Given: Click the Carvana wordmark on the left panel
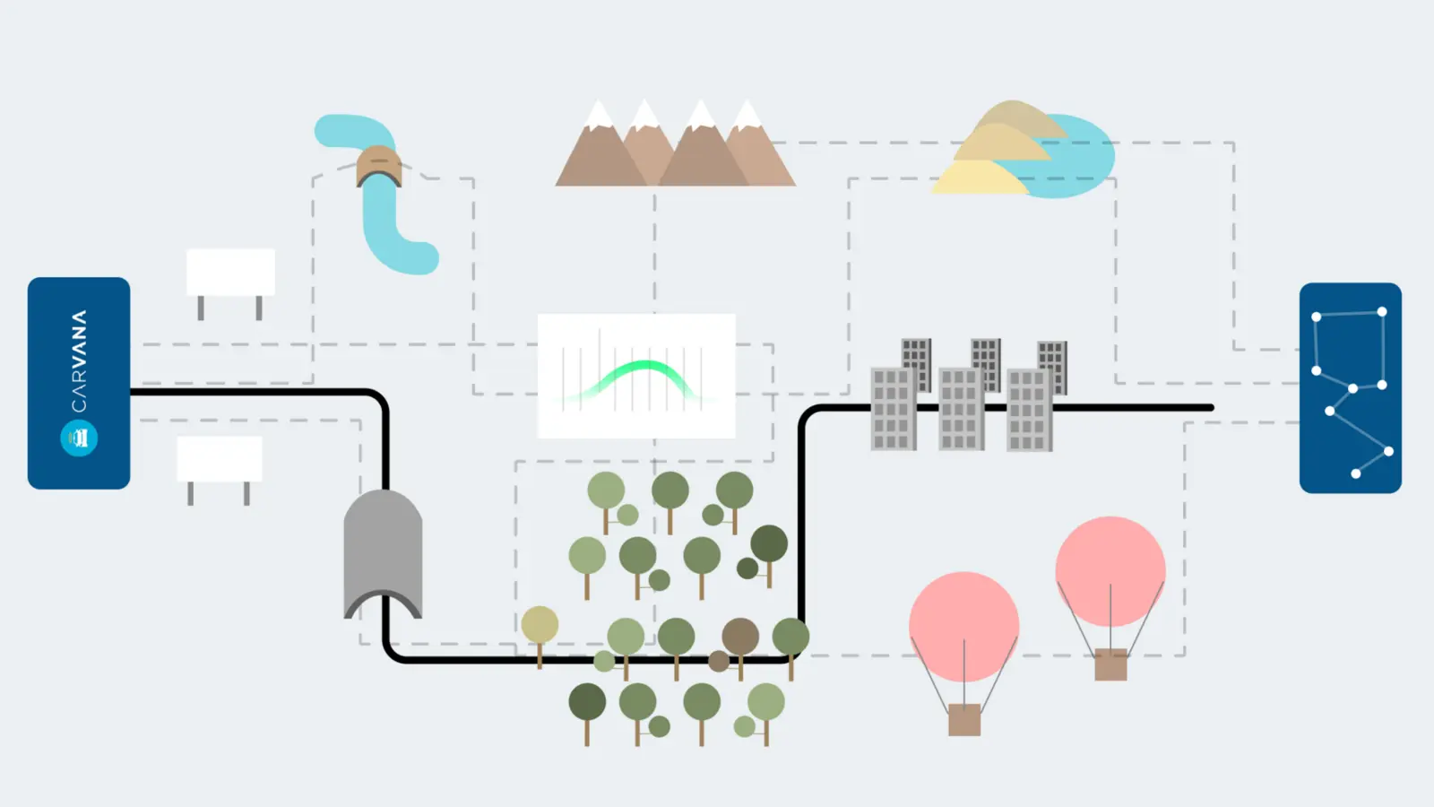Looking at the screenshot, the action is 79,361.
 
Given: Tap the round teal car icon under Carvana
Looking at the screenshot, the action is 79,438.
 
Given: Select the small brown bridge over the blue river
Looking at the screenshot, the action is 379,166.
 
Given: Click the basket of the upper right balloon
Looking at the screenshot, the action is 1110,664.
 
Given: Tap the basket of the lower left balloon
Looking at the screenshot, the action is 964,720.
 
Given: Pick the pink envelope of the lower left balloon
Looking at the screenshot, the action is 964,627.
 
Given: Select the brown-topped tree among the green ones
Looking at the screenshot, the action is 738,646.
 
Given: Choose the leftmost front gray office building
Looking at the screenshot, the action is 894,409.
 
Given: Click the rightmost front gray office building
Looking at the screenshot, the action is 1030,410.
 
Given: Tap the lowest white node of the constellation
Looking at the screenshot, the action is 1356,474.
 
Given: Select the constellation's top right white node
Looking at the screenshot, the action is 1382,312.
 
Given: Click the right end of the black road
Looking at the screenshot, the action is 1211,407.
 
